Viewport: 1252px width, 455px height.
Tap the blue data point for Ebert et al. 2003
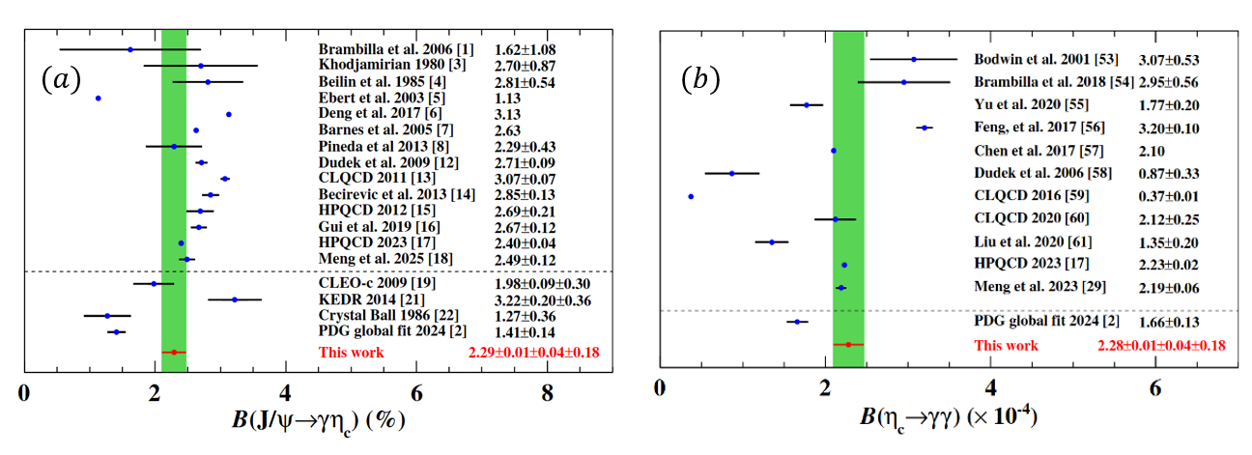pos(98,98)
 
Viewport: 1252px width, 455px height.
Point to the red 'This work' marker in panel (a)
pos(174,353)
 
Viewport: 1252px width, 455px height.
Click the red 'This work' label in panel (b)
pos(1006,345)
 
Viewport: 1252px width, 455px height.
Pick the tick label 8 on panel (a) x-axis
pos(548,393)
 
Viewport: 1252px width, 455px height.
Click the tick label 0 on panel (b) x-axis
pos(659,388)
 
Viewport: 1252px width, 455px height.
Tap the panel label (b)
pos(701,79)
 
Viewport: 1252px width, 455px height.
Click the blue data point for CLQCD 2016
pos(691,196)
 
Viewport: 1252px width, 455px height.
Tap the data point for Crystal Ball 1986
pos(107,315)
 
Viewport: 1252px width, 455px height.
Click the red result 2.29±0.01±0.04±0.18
pos(532,353)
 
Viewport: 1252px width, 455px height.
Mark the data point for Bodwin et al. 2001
pos(913,59)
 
